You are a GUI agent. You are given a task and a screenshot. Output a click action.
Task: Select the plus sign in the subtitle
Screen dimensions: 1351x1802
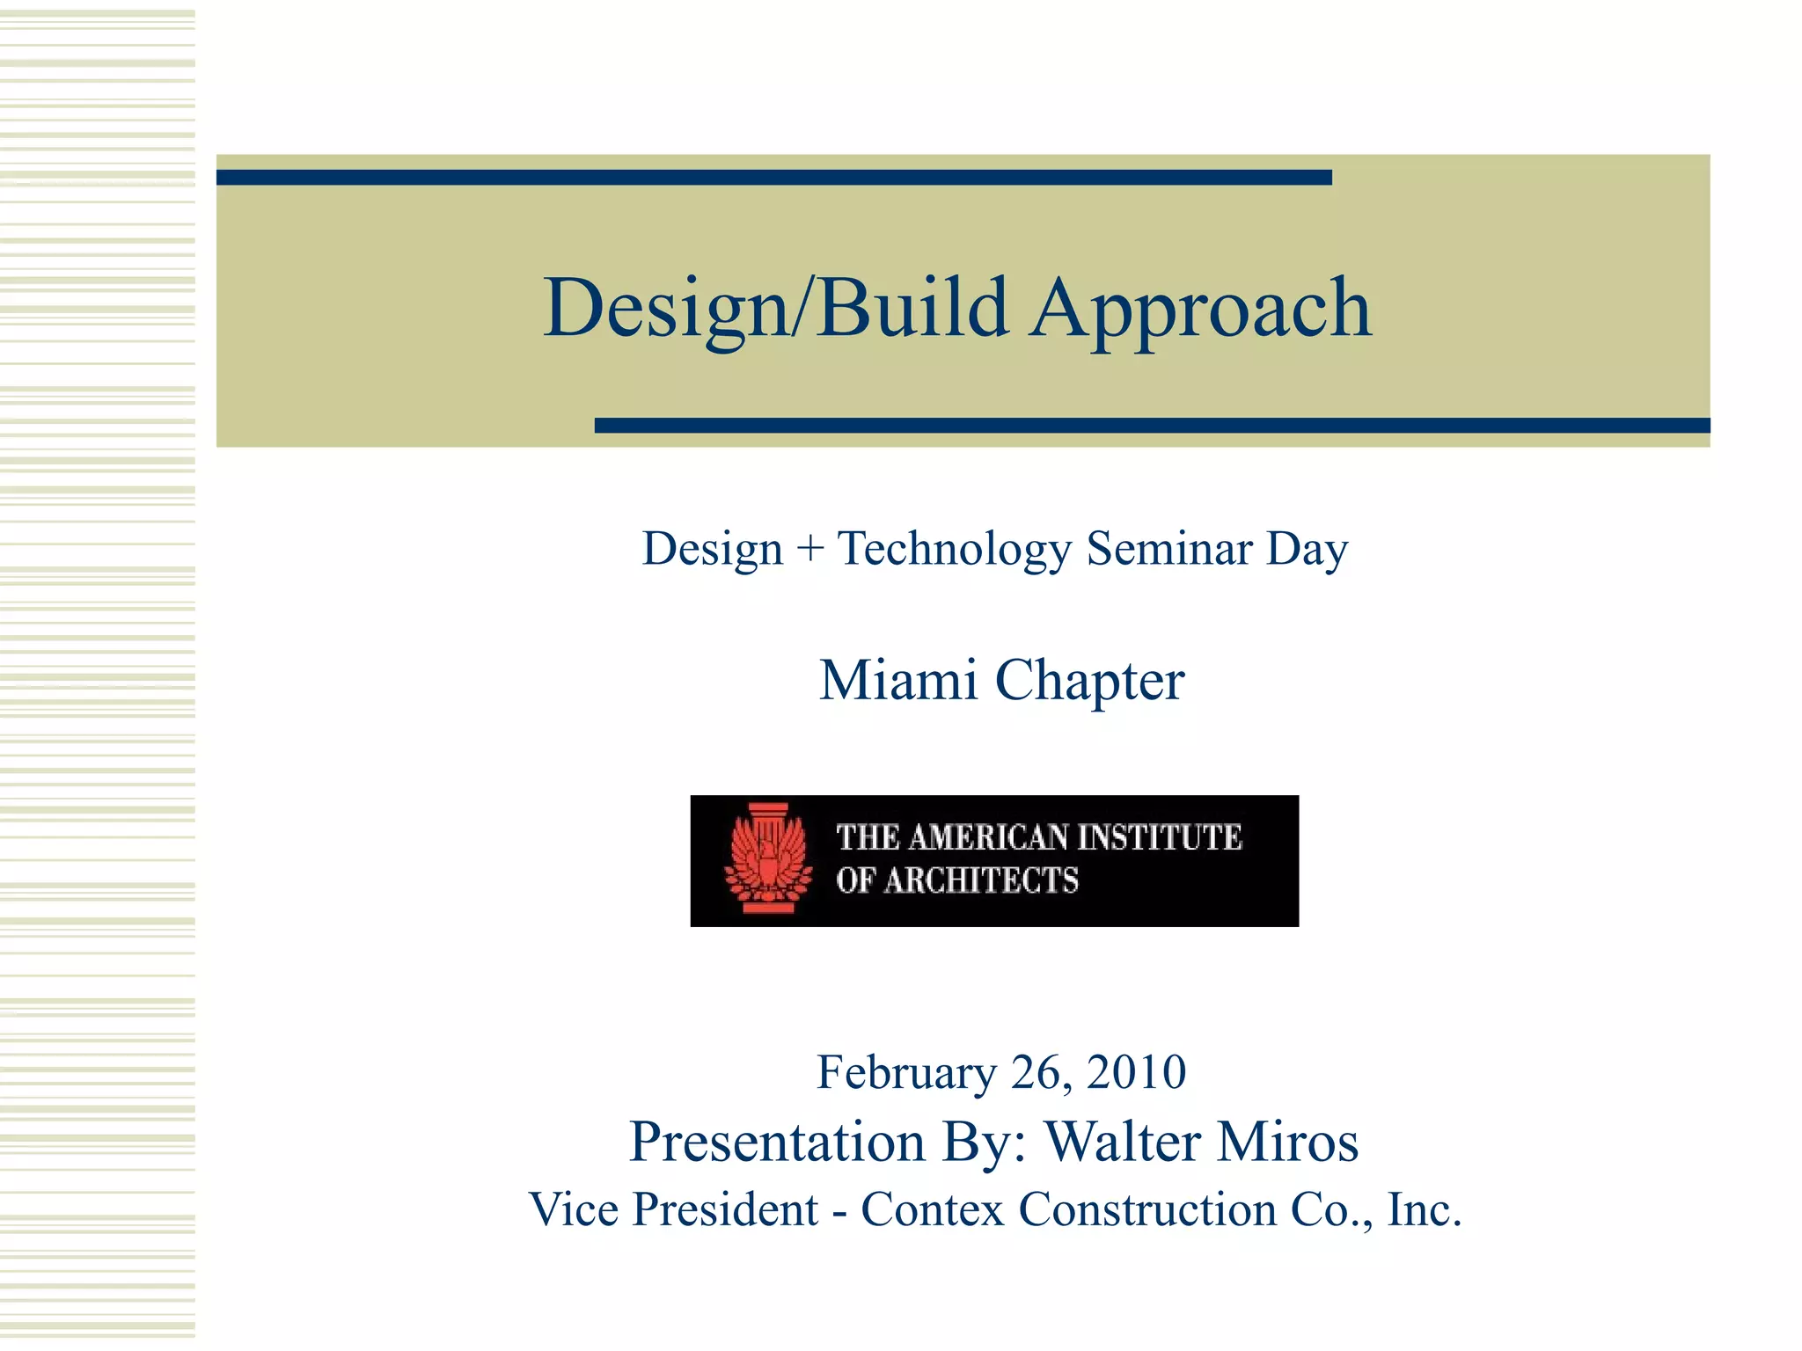click(809, 549)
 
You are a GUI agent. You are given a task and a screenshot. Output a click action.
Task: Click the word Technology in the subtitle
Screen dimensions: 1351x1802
click(955, 549)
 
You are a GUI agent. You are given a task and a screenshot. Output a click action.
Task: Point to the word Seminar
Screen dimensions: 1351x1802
click(1169, 549)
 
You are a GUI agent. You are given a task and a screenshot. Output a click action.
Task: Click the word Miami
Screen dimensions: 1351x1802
click(898, 680)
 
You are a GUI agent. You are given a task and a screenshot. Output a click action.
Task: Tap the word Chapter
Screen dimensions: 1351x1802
click(1089, 682)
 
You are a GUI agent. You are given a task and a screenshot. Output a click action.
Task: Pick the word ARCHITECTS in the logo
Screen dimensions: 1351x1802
click(981, 880)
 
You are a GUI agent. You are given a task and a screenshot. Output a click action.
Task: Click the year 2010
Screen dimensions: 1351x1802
click(1136, 1072)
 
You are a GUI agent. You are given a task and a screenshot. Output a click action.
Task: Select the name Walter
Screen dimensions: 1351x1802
click(1123, 1142)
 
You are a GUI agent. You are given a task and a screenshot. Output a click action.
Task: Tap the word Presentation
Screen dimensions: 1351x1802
click(777, 1142)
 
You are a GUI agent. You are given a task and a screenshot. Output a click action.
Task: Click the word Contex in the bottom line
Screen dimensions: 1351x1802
click(932, 1209)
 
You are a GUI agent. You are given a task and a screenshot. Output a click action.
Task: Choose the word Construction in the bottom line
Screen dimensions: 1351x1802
click(1147, 1209)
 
